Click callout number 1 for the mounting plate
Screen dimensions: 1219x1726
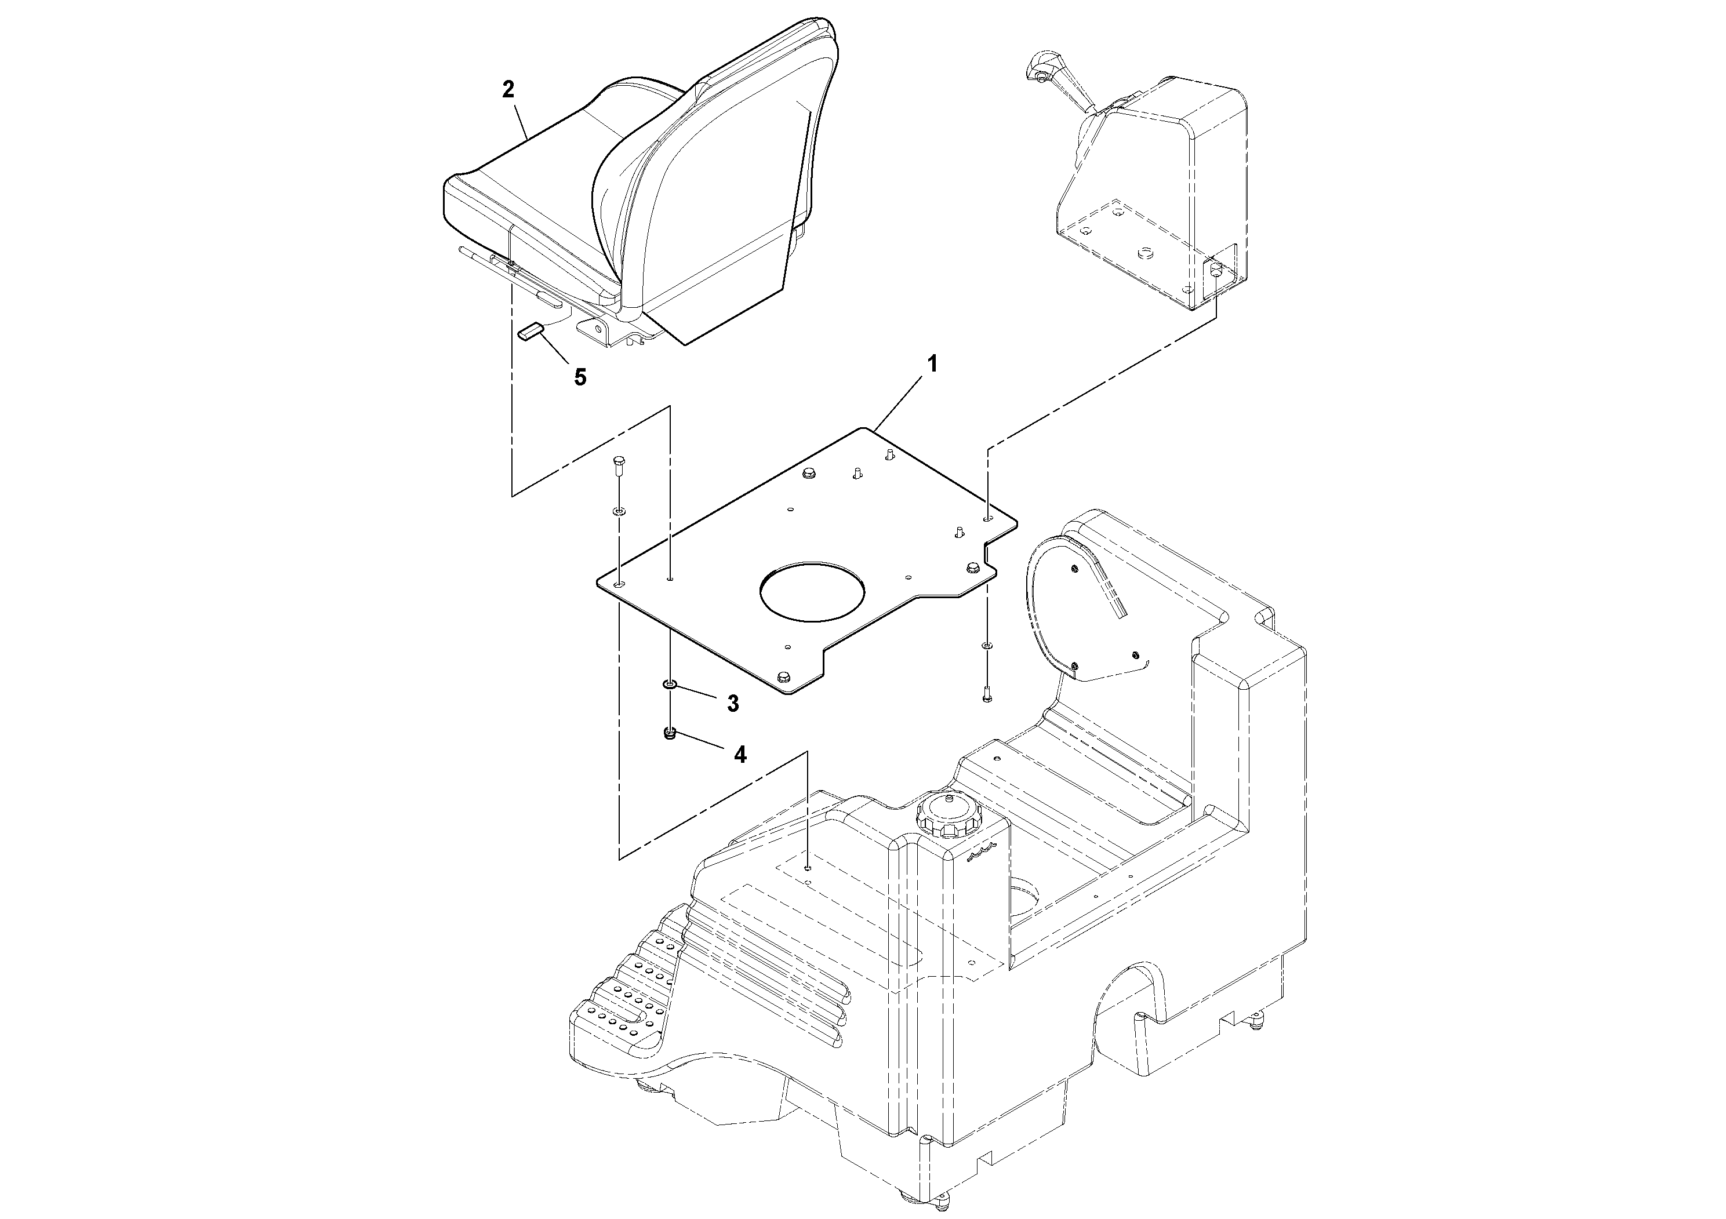(x=932, y=365)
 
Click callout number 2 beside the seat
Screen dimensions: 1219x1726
(x=508, y=89)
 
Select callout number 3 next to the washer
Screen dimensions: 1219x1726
(x=732, y=704)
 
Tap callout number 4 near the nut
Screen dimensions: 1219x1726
(x=740, y=755)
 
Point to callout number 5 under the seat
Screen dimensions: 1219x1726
(x=580, y=377)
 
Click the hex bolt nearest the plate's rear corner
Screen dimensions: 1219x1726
(x=809, y=474)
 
